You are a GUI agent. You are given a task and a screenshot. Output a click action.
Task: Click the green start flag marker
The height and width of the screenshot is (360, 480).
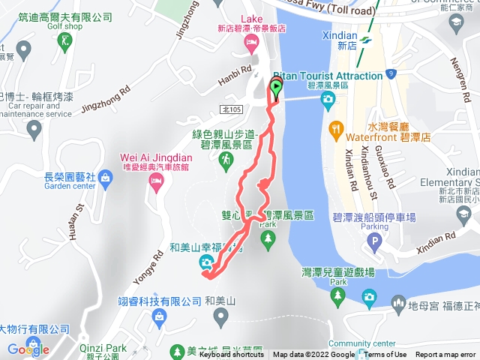point(276,88)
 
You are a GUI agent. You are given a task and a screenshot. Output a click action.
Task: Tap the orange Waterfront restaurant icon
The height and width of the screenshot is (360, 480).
point(335,130)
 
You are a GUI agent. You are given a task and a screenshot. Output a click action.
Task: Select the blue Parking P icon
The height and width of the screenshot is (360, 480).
point(373,243)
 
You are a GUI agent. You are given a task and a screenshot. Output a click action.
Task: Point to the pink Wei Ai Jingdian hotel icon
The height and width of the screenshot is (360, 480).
point(156,184)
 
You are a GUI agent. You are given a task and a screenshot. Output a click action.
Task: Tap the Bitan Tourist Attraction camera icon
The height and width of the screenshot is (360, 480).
point(327,101)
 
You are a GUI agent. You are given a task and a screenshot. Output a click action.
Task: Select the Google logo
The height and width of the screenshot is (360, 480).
point(28,349)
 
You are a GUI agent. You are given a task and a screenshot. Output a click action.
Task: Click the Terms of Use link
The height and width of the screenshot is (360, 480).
point(385,355)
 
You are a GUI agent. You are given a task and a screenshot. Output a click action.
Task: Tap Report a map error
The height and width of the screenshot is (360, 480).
point(445,355)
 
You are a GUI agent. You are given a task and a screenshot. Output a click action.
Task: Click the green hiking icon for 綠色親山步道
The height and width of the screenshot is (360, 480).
point(224,160)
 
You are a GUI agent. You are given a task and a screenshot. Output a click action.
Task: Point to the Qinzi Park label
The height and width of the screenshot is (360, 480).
point(103,347)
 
